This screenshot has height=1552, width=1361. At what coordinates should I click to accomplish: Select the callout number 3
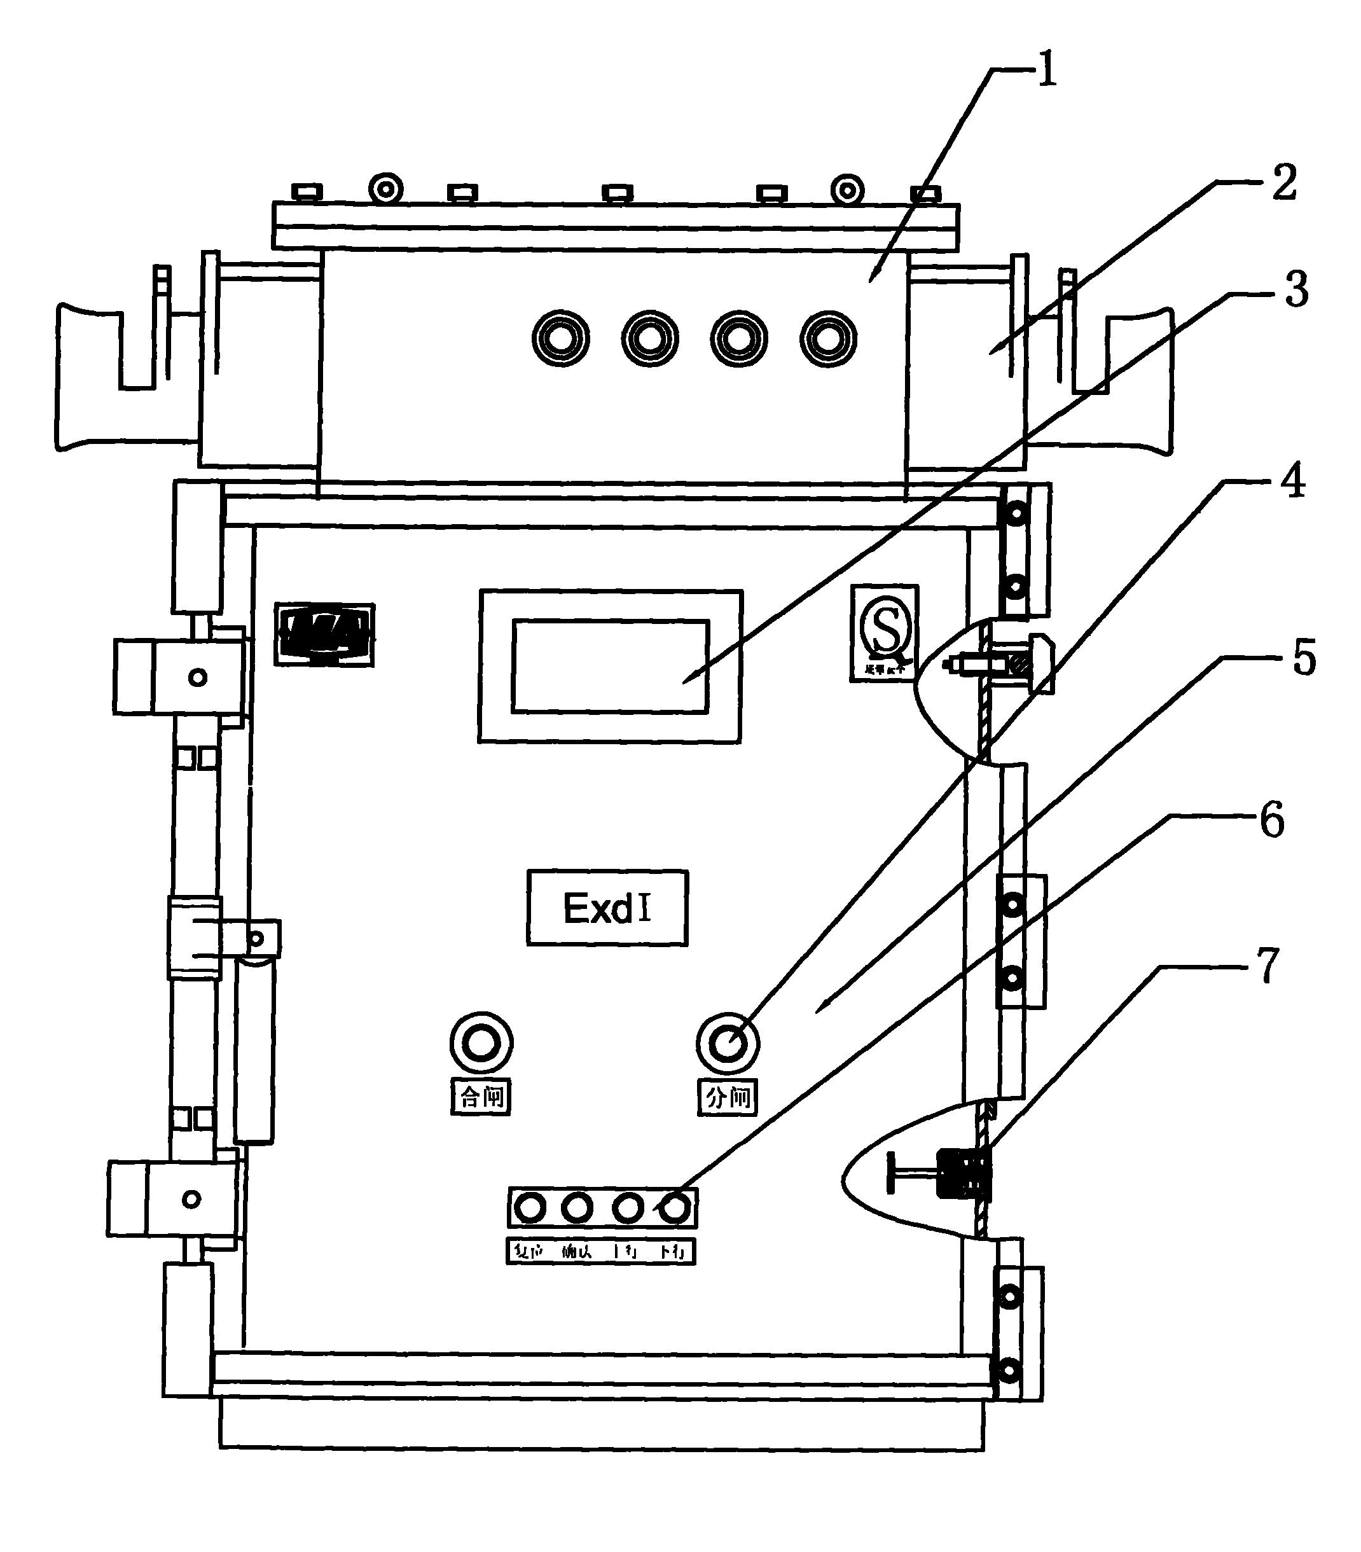(x=1295, y=291)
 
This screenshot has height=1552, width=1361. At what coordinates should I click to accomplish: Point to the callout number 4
(x=1292, y=482)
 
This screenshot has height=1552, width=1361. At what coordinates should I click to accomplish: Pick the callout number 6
(x=1271, y=821)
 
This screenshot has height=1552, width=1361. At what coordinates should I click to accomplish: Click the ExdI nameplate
(x=607, y=908)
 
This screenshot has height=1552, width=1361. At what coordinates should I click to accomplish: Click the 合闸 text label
(x=481, y=1097)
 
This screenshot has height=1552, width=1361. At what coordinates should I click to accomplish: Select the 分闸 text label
(x=727, y=1097)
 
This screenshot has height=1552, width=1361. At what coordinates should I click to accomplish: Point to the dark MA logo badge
(x=324, y=634)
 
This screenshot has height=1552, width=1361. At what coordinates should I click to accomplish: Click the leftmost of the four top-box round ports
(x=561, y=338)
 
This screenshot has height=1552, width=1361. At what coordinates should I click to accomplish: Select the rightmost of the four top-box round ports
(x=829, y=338)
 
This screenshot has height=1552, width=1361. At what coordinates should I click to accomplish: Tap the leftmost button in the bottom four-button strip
(x=529, y=1207)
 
